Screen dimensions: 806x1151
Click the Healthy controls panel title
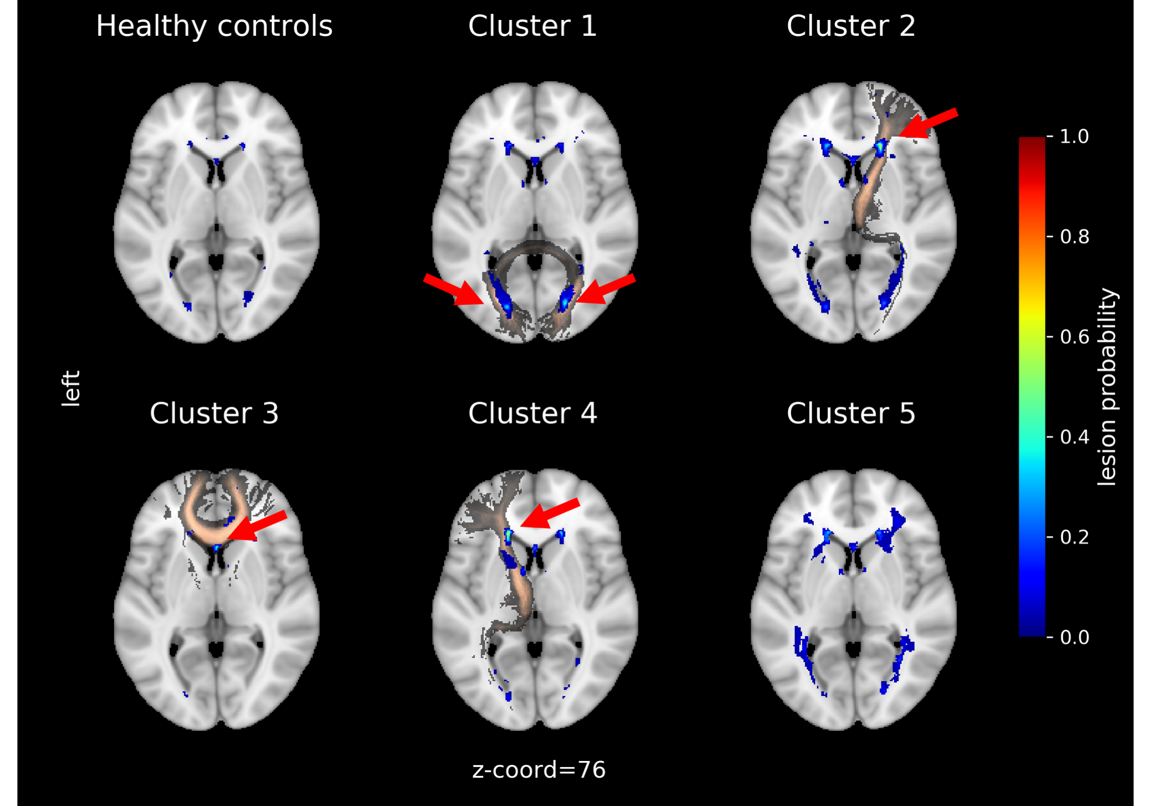pos(214,26)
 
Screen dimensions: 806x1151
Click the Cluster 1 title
pos(532,26)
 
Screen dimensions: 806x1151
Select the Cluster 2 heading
pos(851,26)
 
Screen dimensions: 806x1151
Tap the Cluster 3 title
pos(214,413)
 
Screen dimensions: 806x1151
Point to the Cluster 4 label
pos(532,413)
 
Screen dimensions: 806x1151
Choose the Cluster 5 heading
pos(851,413)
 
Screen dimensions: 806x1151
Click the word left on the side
pos(71,389)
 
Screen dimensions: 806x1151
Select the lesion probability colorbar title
pos(1107,387)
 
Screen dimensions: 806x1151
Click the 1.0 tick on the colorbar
pos(1074,137)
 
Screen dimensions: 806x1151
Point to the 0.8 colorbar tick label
pos(1074,237)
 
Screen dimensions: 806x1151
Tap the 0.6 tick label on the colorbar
pos(1074,337)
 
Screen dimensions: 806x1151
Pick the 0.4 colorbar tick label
pos(1074,437)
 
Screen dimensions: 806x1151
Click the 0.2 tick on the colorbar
pos(1074,537)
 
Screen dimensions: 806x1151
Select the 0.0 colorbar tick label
pos(1074,638)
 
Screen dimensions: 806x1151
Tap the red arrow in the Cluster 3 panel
pos(257,526)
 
